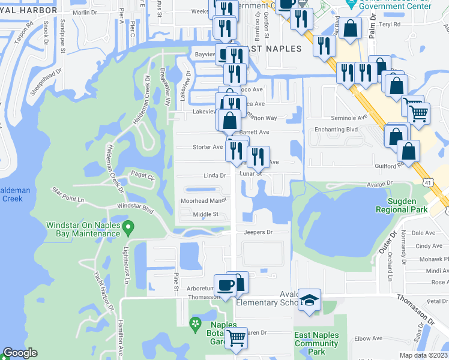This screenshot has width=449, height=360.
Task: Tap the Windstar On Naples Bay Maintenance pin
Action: click(127, 227)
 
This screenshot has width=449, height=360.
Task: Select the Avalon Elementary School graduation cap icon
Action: click(310, 300)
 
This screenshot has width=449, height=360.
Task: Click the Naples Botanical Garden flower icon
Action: click(195, 325)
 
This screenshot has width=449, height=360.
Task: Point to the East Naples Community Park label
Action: click(316, 343)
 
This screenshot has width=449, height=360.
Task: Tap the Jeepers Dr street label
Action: click(258, 232)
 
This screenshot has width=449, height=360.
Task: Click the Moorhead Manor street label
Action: click(204, 201)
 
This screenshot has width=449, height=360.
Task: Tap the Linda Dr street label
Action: click(214, 176)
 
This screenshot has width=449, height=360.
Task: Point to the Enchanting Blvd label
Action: click(336, 130)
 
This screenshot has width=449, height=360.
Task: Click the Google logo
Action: click(20, 353)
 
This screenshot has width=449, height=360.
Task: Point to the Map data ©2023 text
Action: click(423, 355)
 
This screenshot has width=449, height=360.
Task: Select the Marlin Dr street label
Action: click(83, 13)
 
